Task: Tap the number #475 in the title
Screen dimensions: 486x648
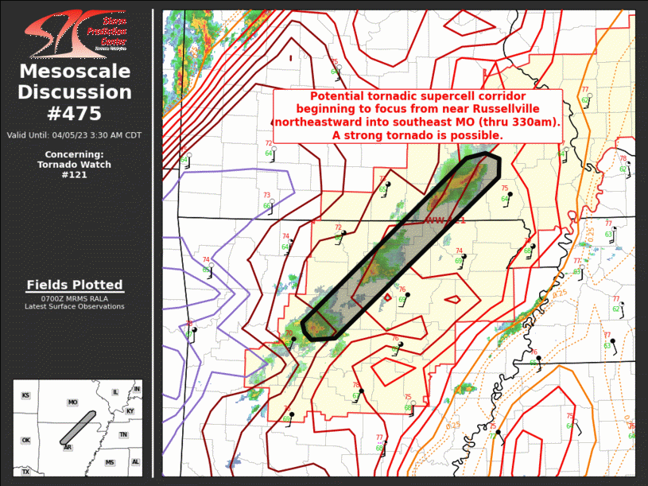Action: tap(74, 113)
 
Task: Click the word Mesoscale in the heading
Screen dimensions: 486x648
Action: tap(74, 72)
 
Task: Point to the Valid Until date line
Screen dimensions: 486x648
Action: tap(74, 134)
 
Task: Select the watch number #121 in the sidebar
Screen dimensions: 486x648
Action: tap(74, 175)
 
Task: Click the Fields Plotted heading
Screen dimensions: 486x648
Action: tap(74, 285)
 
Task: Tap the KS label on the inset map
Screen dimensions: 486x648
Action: tap(25, 395)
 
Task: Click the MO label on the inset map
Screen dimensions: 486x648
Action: tap(72, 402)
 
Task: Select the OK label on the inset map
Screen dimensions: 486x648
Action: tap(25, 440)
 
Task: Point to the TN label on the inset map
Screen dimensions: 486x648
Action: tap(123, 435)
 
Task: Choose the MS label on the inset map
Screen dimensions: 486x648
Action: tap(109, 462)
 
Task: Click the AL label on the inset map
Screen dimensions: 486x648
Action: tap(135, 462)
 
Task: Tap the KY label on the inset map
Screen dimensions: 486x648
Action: tap(130, 411)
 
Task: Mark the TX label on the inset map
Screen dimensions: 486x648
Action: tap(25, 472)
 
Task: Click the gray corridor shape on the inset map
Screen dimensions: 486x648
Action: tap(77, 428)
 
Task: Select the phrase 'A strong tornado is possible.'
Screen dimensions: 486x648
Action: tap(417, 135)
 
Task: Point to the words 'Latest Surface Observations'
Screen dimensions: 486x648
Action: tap(74, 306)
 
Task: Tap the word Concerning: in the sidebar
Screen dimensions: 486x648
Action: tap(74, 154)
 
